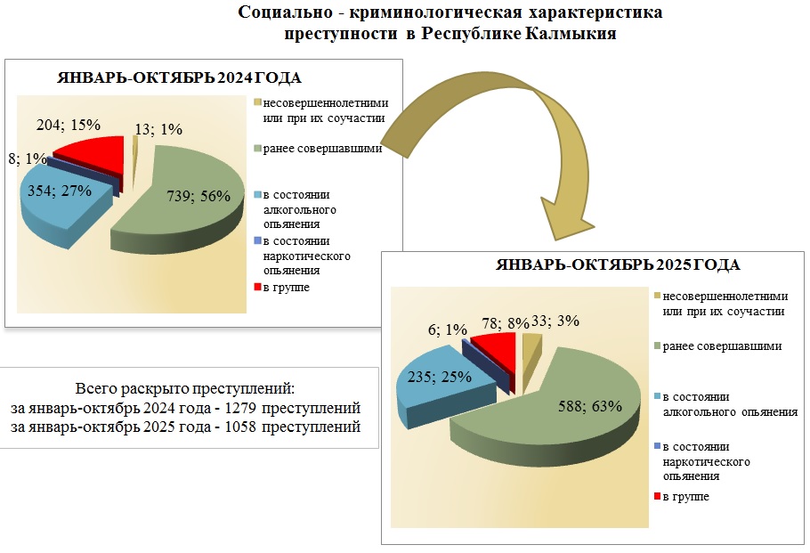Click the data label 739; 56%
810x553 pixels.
pyautogui.click(x=199, y=197)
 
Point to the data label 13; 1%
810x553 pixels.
pyautogui.click(x=158, y=129)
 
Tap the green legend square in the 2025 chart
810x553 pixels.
pyautogui.click(x=657, y=346)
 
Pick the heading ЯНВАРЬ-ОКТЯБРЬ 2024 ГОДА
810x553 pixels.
pyautogui.click(x=180, y=77)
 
